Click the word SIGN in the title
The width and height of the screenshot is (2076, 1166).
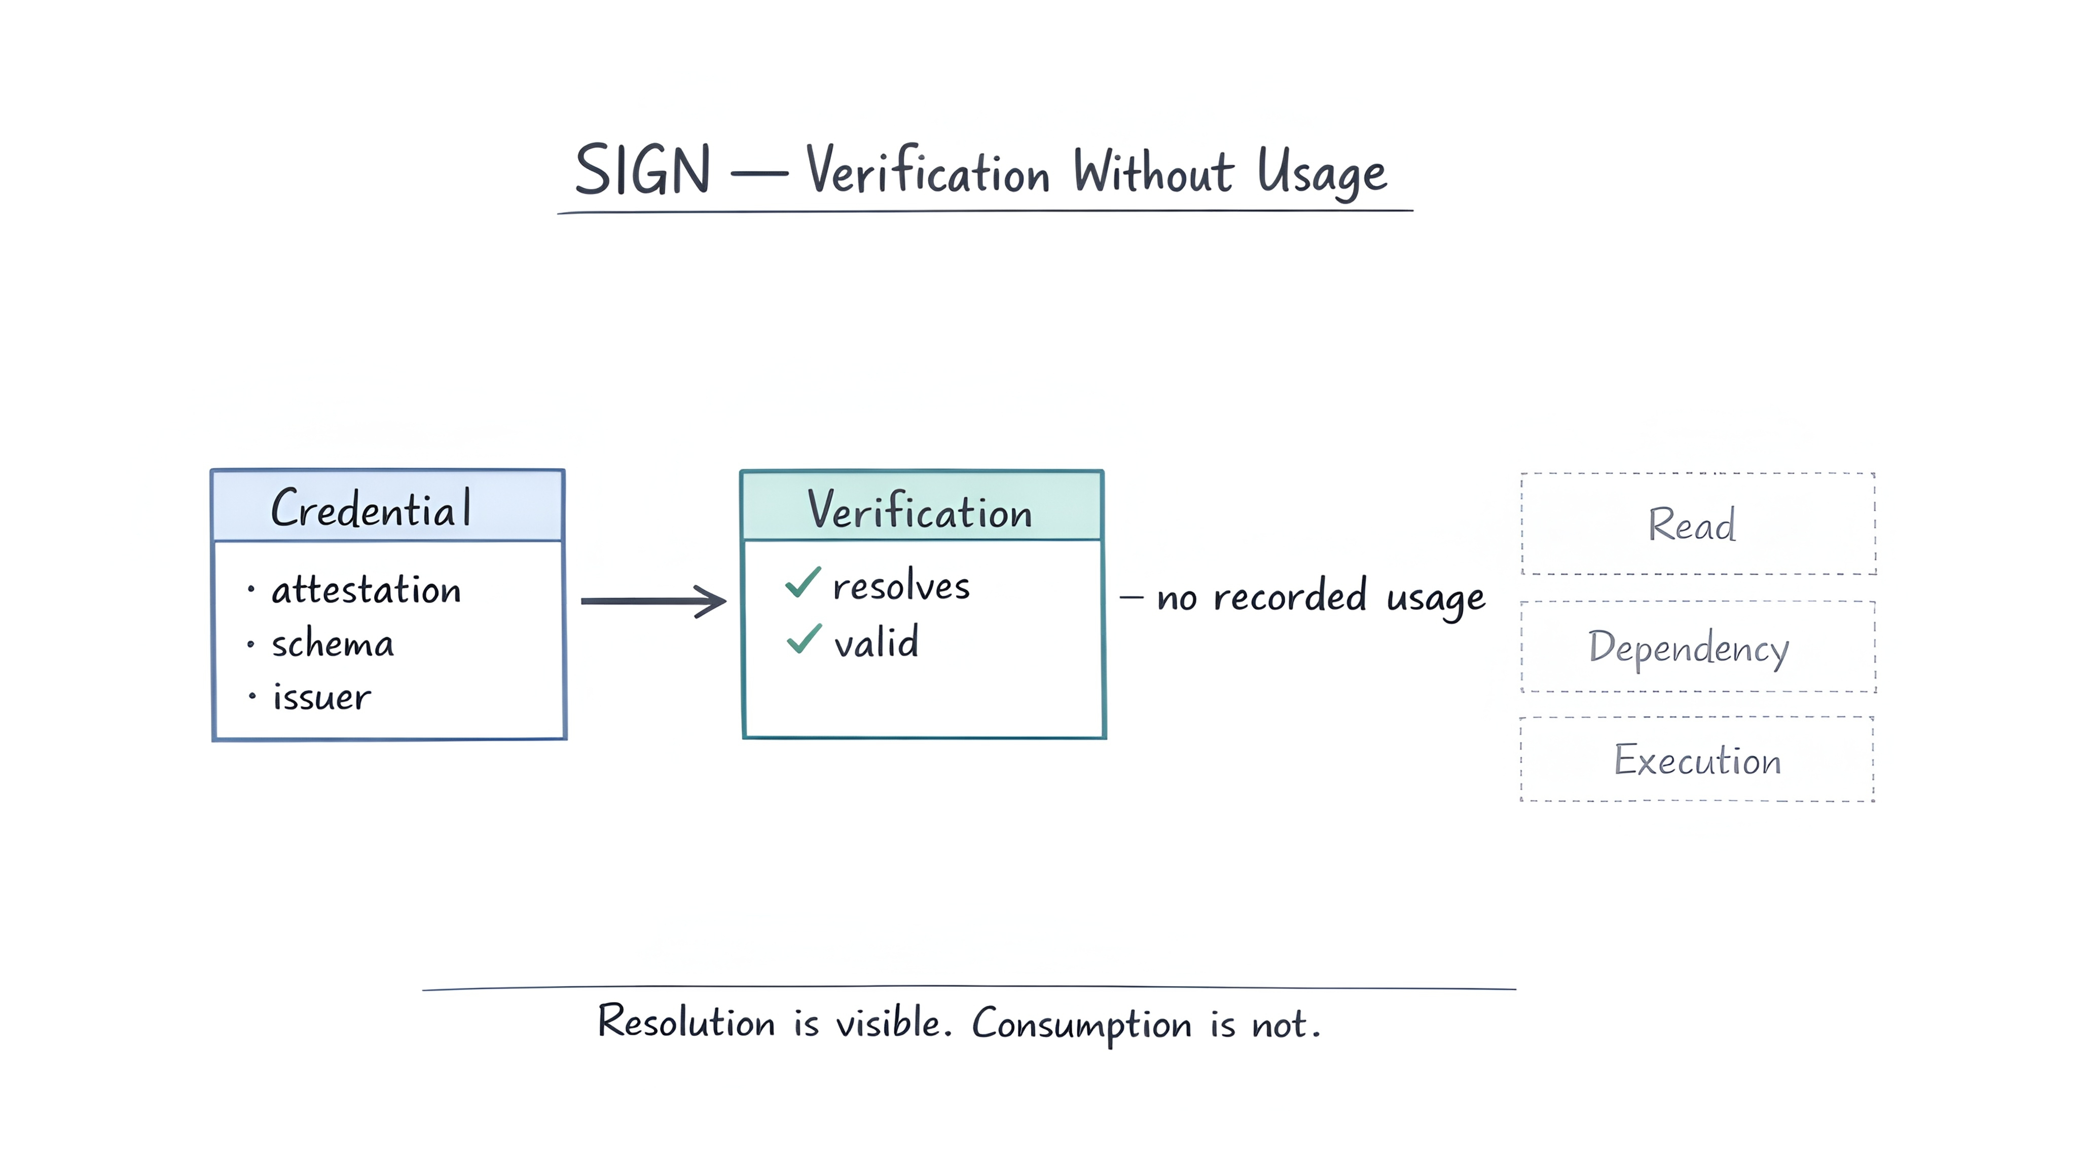(642, 170)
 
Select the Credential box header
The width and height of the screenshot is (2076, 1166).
(388, 506)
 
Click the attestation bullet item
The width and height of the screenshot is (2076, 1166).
(366, 590)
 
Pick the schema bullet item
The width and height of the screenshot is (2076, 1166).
(332, 645)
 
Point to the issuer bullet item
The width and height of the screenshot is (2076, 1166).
(321, 698)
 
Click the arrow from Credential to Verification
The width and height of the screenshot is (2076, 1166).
(653, 601)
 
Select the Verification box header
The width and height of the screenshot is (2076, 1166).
(921, 508)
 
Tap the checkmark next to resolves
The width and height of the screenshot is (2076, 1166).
(803, 582)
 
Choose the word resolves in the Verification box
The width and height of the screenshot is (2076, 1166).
(901, 586)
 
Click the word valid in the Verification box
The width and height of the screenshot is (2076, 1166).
(876, 642)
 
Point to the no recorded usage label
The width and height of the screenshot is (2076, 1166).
(1320, 597)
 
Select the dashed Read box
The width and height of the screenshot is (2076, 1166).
(1698, 524)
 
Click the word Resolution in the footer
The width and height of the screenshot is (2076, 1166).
(686, 1022)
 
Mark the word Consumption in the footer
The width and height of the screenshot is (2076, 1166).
(1081, 1024)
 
